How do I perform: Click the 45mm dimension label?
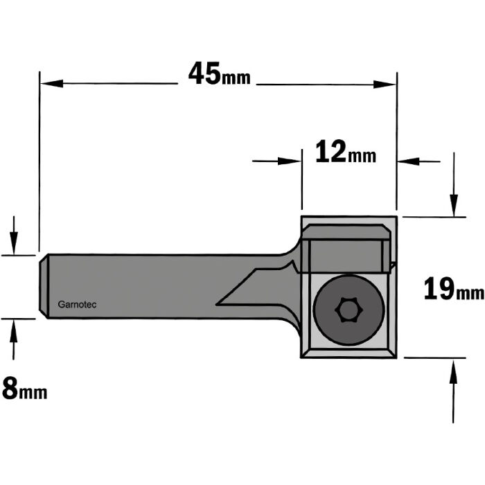point(219,74)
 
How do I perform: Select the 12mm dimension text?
point(345,152)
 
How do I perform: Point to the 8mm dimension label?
point(24,389)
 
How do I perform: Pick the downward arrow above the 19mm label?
point(454,204)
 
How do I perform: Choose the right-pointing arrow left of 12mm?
point(291,161)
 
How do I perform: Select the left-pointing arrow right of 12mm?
point(409,161)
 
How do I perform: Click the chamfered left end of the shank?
point(44,287)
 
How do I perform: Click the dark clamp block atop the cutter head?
point(346,249)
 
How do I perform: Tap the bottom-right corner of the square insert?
point(391,353)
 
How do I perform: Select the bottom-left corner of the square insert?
point(306,353)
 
